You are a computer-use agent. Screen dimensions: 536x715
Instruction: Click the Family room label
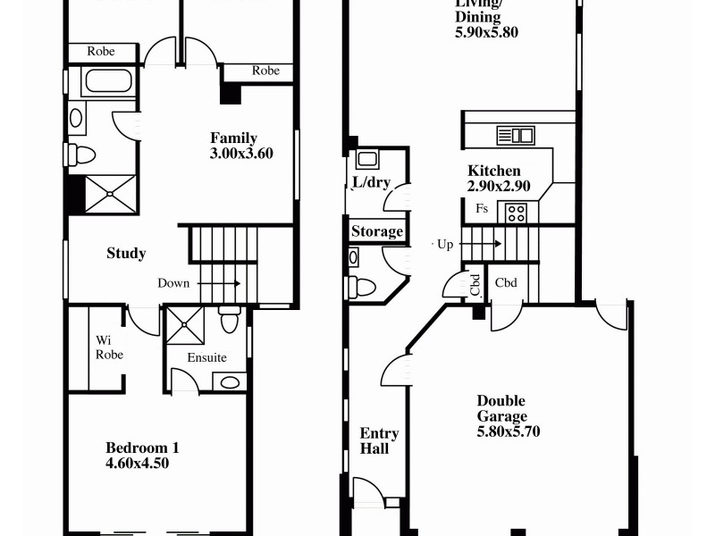pos(233,138)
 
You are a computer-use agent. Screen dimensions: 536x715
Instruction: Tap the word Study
pos(126,254)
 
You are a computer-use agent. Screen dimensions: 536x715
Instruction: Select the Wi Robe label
pos(109,348)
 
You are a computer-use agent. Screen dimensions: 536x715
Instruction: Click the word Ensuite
pos(206,358)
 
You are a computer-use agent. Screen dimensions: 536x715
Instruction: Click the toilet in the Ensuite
pos(230,318)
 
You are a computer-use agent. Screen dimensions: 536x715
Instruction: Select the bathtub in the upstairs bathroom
pos(107,84)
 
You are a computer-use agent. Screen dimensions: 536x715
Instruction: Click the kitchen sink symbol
pos(515,136)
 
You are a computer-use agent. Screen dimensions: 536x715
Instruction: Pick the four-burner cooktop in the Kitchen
pos(517,213)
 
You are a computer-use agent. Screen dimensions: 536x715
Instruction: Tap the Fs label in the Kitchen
pos(482,209)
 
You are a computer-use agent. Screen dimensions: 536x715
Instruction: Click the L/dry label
pos(370,183)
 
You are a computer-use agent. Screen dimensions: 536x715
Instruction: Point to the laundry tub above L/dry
pos(367,160)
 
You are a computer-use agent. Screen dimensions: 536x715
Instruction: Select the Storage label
pos(376,232)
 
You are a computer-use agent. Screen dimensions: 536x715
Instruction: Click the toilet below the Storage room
pos(362,287)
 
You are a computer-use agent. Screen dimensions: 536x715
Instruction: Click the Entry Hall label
pos(379,441)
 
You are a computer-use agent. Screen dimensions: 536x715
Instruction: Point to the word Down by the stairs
pos(173,283)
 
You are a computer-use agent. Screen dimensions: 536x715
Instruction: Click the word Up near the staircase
pos(445,244)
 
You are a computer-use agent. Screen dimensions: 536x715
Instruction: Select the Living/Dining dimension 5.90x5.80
pos(486,32)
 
